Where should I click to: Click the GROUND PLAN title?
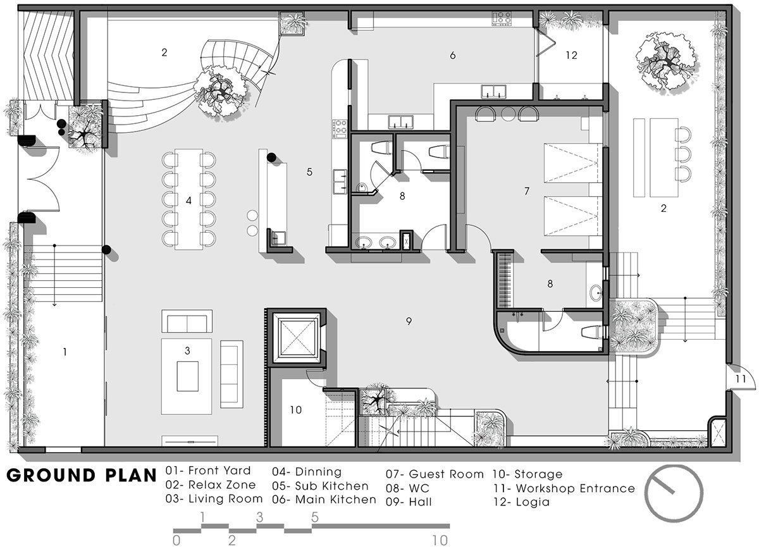(x=82, y=476)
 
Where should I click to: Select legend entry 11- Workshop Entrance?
(x=564, y=488)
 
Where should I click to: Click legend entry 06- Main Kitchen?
(x=324, y=500)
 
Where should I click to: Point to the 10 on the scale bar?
(x=440, y=540)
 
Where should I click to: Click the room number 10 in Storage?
(x=295, y=410)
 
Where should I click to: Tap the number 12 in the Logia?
(x=571, y=55)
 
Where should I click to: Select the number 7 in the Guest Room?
(x=526, y=191)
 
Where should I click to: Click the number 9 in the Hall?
(x=409, y=321)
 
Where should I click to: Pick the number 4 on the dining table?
(x=188, y=201)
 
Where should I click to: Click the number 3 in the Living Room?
(x=187, y=350)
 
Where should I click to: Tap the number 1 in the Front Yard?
(x=65, y=352)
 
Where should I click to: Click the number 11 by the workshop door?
(x=741, y=378)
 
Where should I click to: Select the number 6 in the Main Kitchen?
(x=453, y=55)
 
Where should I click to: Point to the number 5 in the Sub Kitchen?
(x=309, y=172)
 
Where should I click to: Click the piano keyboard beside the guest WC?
(x=504, y=280)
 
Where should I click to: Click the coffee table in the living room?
(x=188, y=376)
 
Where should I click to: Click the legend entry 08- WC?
(x=407, y=488)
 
